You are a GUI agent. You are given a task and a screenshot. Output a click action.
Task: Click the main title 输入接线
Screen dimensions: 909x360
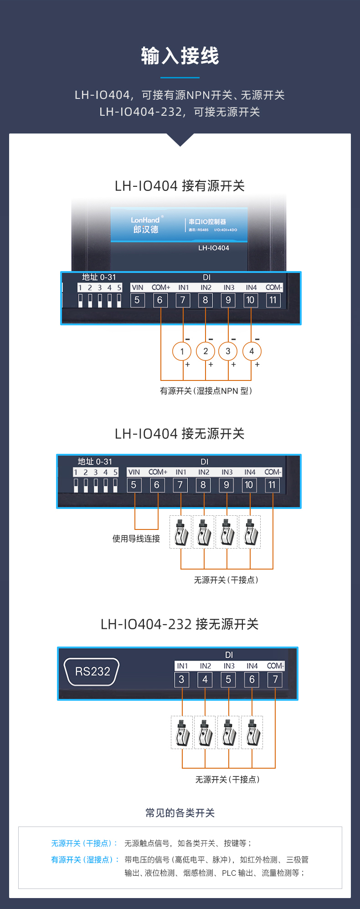(x=180, y=56)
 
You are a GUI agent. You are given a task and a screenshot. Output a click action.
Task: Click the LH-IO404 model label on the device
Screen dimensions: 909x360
(x=213, y=248)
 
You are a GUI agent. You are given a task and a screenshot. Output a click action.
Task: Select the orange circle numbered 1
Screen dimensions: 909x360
(x=182, y=351)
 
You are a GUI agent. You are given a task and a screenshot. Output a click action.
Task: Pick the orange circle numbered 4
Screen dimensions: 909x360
(x=252, y=351)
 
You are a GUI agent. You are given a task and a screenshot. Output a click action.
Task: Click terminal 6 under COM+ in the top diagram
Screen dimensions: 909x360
(x=159, y=300)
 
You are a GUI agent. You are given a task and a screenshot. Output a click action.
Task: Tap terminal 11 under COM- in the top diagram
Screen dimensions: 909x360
(x=273, y=300)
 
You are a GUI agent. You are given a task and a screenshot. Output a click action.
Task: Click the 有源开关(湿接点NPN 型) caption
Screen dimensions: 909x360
(x=206, y=391)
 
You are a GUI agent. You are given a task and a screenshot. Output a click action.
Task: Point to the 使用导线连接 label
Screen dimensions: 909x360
(x=136, y=539)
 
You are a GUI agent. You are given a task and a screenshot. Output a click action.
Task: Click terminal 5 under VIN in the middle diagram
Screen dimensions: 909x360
(x=134, y=485)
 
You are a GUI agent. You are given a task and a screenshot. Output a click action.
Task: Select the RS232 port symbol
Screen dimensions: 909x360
(x=92, y=671)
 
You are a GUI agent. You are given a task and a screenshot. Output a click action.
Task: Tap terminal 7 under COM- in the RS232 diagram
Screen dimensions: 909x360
(x=275, y=679)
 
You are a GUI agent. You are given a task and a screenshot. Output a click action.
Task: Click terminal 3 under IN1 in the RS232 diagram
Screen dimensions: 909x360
(x=181, y=679)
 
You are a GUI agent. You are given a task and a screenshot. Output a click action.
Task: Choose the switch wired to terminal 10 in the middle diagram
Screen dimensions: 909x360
(x=250, y=532)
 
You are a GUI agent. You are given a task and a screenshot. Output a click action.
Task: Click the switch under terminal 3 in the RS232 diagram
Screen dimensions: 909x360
(x=182, y=732)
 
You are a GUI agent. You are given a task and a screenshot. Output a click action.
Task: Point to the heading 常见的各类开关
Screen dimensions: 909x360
(x=180, y=813)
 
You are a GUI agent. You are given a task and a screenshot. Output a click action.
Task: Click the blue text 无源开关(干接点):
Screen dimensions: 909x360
(x=84, y=843)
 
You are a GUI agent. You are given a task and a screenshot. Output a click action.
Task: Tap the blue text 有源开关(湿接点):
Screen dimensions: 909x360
(x=84, y=860)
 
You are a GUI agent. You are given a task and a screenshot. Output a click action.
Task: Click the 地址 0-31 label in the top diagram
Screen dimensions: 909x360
(x=99, y=277)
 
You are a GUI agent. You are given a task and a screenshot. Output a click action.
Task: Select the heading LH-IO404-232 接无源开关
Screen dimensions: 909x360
(x=180, y=624)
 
